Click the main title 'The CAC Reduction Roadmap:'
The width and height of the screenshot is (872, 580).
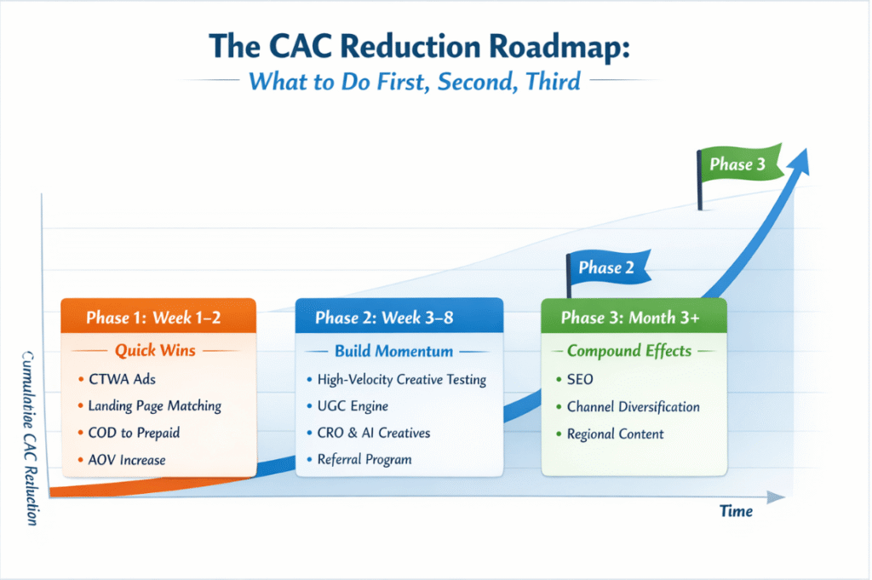click(436, 46)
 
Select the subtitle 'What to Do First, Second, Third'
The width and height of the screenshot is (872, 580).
click(416, 83)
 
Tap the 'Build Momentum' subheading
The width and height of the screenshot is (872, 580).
click(393, 351)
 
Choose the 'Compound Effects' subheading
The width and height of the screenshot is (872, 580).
click(628, 351)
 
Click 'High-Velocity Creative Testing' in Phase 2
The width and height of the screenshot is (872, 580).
click(401, 379)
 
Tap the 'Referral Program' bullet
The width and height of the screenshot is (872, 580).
click(364, 460)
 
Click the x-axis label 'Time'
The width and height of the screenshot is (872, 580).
click(736, 512)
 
